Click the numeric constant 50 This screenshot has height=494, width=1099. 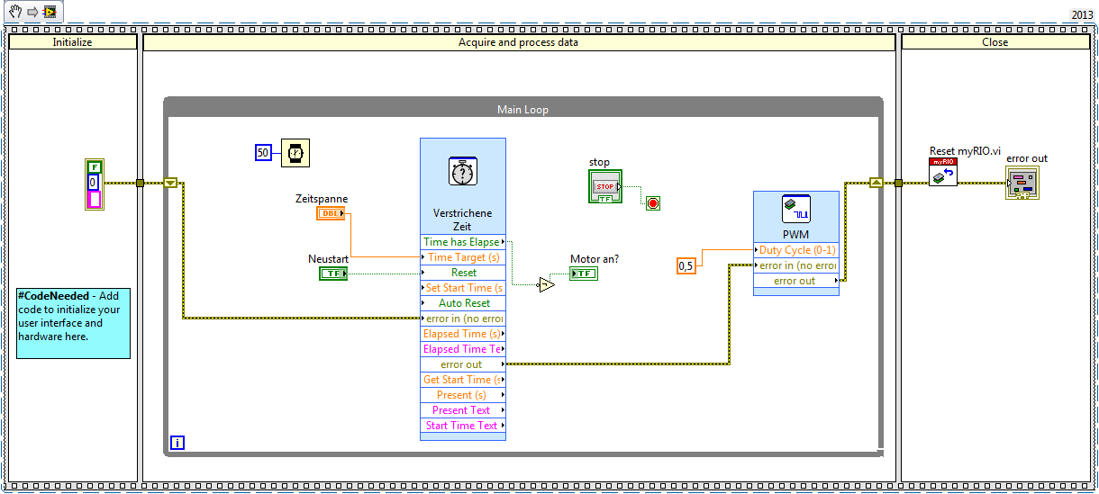(263, 153)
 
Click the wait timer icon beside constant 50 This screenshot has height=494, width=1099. (294, 153)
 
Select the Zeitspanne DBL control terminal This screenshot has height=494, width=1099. (331, 213)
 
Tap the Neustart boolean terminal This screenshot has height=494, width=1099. (332, 273)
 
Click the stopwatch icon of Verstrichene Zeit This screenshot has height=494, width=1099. (463, 171)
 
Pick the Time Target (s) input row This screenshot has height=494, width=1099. (463, 257)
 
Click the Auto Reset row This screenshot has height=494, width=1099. (463, 303)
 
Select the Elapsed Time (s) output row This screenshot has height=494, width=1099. (463, 334)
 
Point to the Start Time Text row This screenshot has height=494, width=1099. (463, 426)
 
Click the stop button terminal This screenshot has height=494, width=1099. (604, 186)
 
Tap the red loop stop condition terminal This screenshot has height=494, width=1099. (653, 203)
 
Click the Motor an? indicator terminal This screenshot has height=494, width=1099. (583, 274)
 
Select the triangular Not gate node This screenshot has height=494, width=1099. (546, 285)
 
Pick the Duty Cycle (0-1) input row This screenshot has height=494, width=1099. (796, 250)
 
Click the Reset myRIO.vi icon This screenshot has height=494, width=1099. (942, 172)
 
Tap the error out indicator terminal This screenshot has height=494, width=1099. (1022, 183)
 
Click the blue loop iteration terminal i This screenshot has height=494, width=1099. (177, 443)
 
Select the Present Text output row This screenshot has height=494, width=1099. (463, 410)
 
